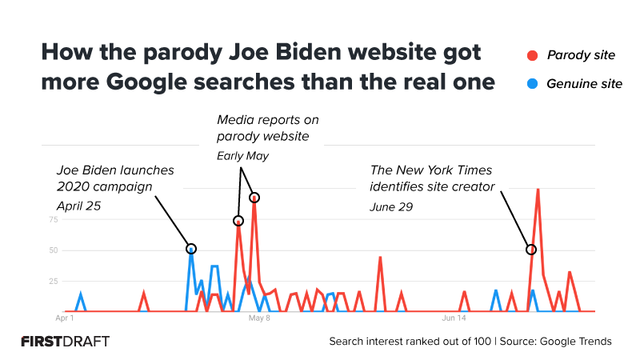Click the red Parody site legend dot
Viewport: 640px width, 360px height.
point(532,55)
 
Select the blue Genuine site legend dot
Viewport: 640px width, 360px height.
point(532,83)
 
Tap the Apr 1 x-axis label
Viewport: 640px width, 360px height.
point(64,318)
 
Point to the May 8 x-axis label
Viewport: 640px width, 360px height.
point(258,318)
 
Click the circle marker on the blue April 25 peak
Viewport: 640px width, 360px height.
point(191,249)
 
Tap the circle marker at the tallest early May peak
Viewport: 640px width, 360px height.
point(254,197)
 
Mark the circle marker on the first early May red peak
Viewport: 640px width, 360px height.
point(238,221)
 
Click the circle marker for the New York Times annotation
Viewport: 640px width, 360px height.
point(530,250)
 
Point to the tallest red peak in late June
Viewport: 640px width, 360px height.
point(538,190)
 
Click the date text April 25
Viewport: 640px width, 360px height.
point(78,206)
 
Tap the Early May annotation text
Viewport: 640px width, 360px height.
point(242,156)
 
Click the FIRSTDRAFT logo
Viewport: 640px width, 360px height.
point(66,341)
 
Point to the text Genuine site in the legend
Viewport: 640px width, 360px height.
point(584,83)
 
